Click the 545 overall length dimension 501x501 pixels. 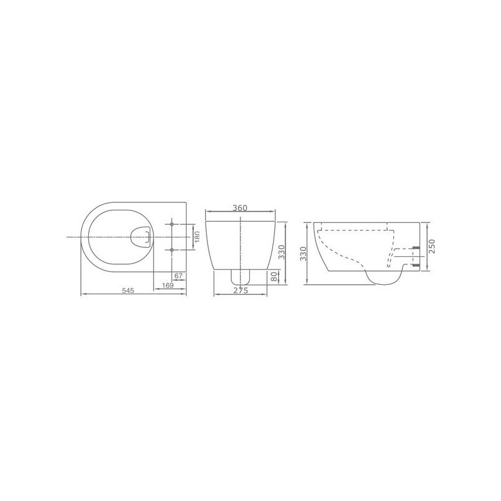pos(128,291)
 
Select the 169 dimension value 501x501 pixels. pos(168,286)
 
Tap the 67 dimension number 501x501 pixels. pos(178,276)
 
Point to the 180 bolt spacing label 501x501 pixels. pos(197,237)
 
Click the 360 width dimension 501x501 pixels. pos(240,208)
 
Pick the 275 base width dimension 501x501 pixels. pos(240,291)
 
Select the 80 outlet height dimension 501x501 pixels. pos(274,277)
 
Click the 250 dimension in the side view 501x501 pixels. pos(431,246)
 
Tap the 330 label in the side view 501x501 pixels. pos(303,254)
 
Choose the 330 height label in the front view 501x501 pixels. pos(281,252)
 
